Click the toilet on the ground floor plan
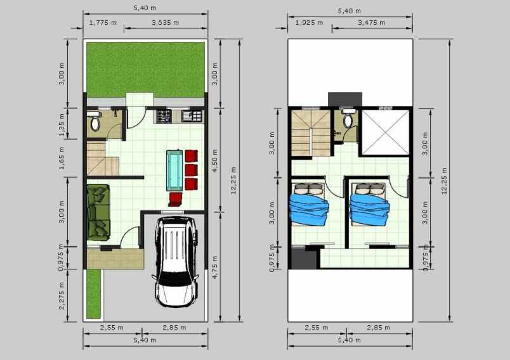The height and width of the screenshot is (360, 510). [x=95, y=123]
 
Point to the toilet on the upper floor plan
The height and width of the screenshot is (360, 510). [x=348, y=120]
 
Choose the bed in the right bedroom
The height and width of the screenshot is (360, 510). [x=369, y=203]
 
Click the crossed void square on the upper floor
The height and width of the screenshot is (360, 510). [x=384, y=132]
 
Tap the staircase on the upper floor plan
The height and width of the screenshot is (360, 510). [x=310, y=132]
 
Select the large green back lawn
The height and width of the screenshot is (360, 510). [x=146, y=70]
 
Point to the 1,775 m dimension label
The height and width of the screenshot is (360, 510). [x=103, y=23]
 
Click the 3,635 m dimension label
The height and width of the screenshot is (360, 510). [x=166, y=23]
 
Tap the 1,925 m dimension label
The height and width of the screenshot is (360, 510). [x=309, y=23]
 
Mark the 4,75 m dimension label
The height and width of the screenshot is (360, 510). [x=216, y=267]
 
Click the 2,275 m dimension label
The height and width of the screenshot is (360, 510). [x=62, y=296]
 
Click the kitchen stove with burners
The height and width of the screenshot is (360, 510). [x=164, y=116]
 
